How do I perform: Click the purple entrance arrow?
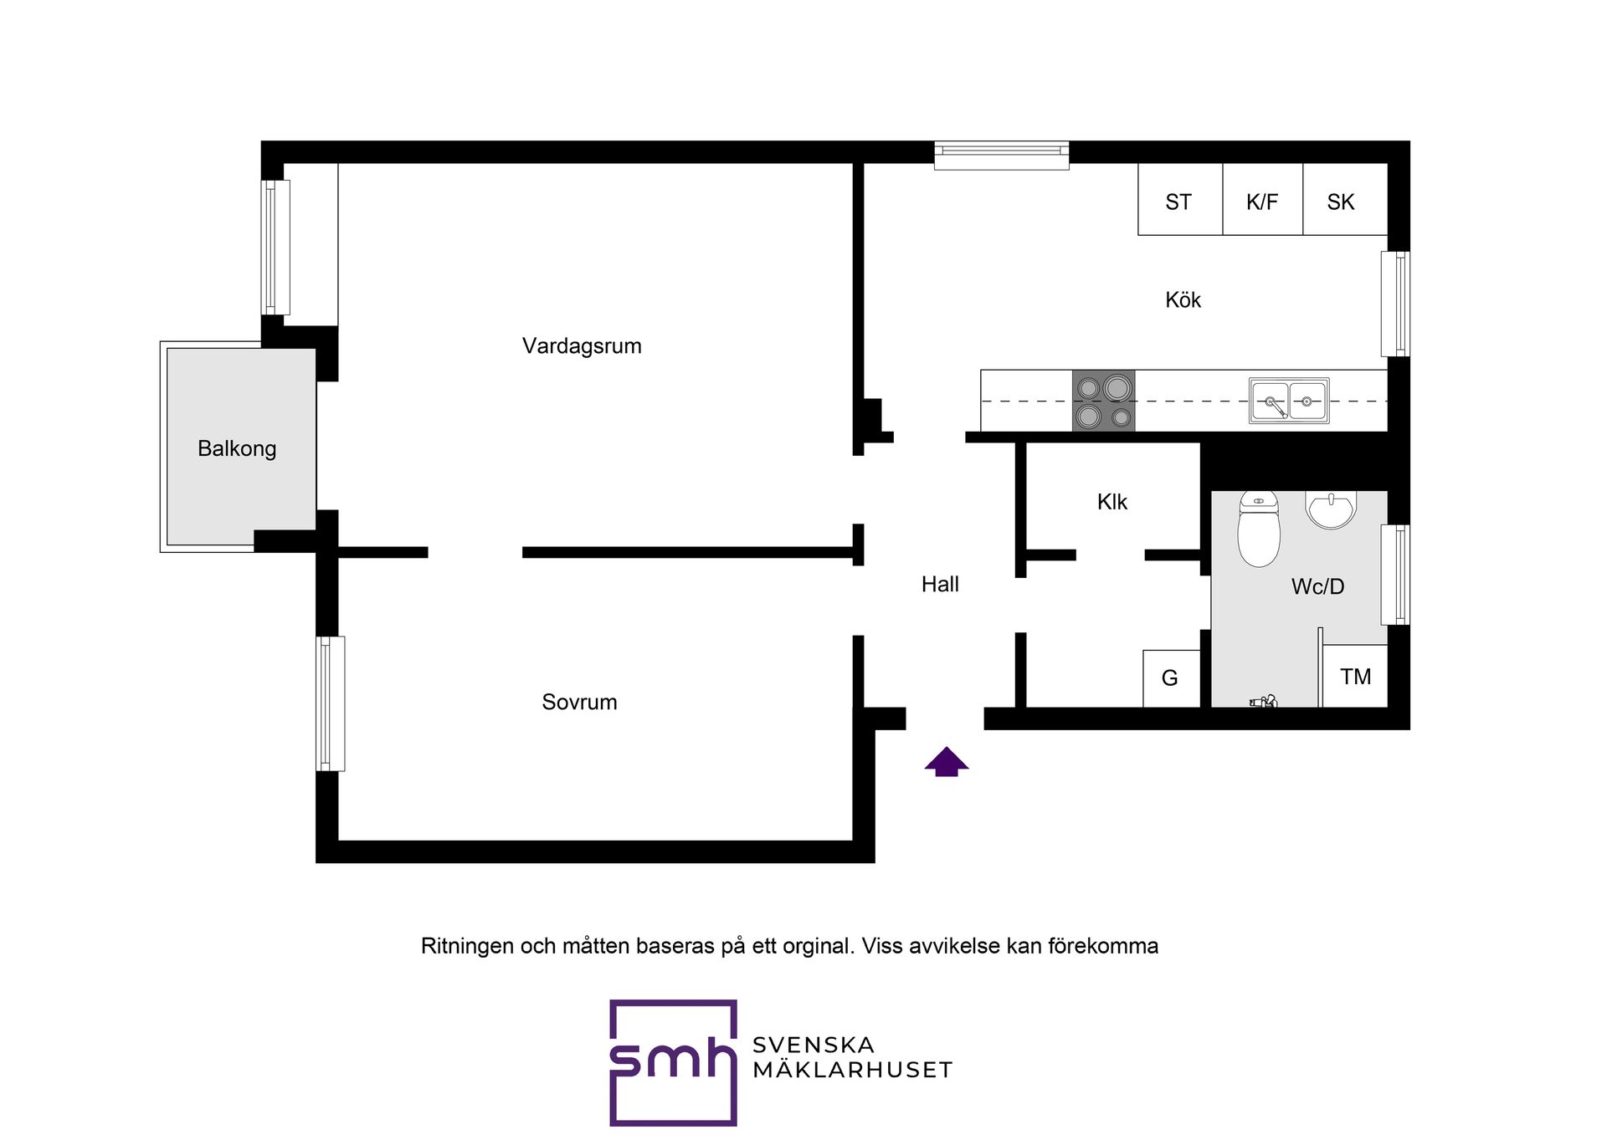[x=947, y=761]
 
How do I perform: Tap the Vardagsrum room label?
[x=582, y=346]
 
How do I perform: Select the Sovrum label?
[x=579, y=702]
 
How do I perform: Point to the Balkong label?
[x=237, y=449]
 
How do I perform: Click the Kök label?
[x=1183, y=300]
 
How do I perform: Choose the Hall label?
[x=940, y=585]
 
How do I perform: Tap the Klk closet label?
[x=1112, y=502]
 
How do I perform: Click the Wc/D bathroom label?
[x=1317, y=586]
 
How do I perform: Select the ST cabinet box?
[x=1180, y=199]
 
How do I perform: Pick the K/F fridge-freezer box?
[x=1263, y=199]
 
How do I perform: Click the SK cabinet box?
[x=1345, y=199]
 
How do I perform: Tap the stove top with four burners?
[x=1104, y=401]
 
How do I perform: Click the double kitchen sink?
[x=1289, y=401]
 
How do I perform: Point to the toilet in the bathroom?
[x=1259, y=529]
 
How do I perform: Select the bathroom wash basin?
[x=1331, y=509]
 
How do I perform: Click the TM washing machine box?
[x=1355, y=676]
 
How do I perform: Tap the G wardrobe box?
[x=1172, y=678]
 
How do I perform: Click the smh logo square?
[x=673, y=1062]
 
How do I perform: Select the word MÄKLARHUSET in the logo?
[x=852, y=1070]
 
